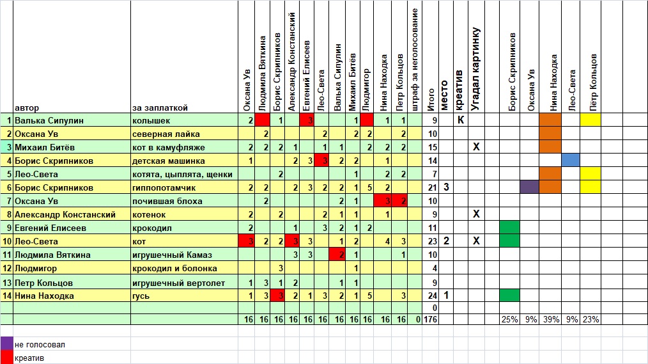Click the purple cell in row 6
click(529, 187)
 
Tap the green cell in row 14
click(509, 296)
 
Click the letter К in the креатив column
click(459, 120)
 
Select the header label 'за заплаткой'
click(160, 107)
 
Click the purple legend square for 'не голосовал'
click(6, 344)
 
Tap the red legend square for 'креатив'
click(6, 358)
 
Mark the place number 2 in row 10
click(446, 241)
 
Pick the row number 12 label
click(8, 269)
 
